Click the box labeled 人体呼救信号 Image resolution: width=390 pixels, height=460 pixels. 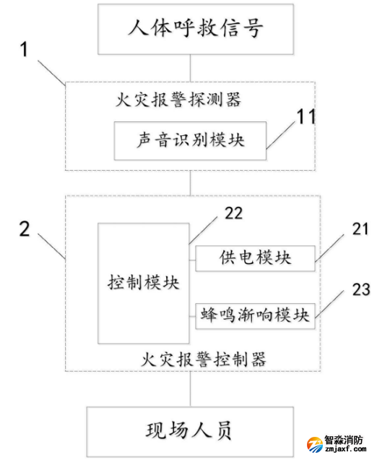[190, 29]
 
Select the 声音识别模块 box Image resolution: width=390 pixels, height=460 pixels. [190, 140]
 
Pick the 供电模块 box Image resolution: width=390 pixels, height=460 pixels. [255, 257]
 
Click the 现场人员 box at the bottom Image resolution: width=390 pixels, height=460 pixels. [190, 432]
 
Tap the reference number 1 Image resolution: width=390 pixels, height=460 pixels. [25, 50]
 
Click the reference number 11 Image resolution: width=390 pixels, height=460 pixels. [307, 117]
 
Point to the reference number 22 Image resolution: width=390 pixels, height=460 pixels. [234, 213]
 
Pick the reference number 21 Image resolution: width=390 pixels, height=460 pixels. [360, 229]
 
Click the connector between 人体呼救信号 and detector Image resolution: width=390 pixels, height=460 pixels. [190, 69]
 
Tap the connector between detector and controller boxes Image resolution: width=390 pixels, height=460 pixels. [190, 182]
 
